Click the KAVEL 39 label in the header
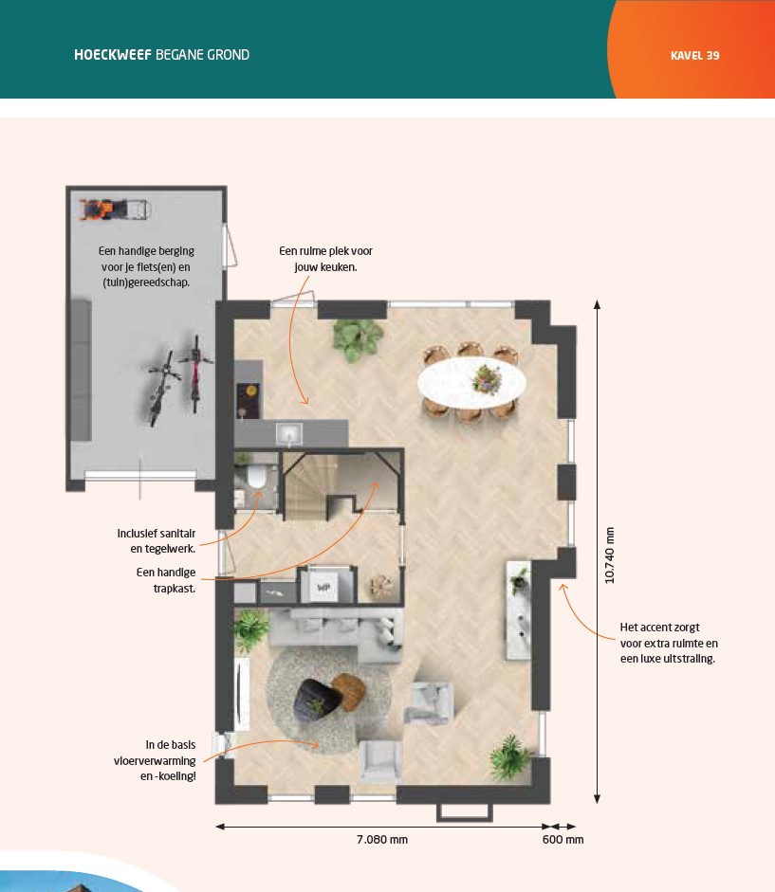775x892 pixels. pos(694,56)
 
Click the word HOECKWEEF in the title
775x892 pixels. pos(113,55)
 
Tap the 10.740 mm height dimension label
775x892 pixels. pos(609,555)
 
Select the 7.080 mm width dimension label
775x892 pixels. pos(382,839)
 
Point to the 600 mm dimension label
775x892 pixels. pos(563,839)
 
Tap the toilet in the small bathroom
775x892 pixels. pos(256,477)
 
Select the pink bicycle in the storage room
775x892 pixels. pos(195,373)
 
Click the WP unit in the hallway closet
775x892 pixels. pos(323,586)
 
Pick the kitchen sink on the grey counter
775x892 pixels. pos(289,435)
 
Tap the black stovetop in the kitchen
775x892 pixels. pos(249,400)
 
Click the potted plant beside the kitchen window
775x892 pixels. pos(357,339)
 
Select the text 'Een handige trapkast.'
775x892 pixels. pos(166,580)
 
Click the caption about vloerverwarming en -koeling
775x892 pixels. pos(155,760)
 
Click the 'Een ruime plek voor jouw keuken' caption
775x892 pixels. pos(325,259)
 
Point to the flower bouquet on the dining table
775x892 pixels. pos(487,377)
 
